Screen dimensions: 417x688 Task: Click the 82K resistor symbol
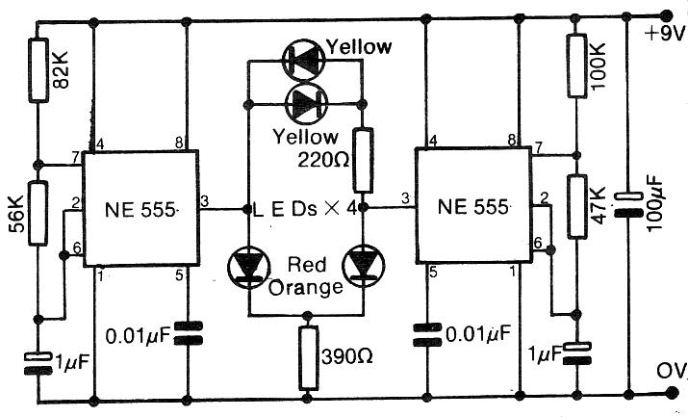tap(38, 70)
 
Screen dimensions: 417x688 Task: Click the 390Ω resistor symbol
tap(308, 356)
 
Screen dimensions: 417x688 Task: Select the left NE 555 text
tap(138, 206)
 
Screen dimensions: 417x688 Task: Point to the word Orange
tap(305, 286)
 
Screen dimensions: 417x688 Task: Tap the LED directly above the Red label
tap(248, 266)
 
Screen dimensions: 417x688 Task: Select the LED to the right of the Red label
tap(365, 266)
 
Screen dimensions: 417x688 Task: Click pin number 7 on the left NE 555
tap(73, 155)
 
